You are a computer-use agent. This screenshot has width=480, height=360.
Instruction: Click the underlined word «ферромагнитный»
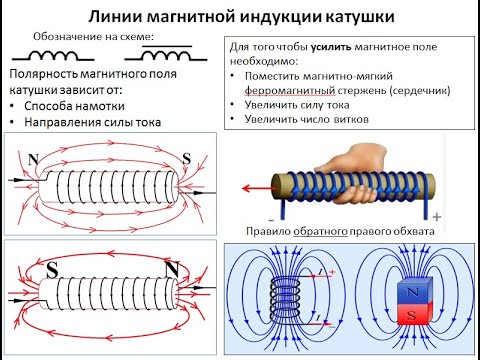(x=285, y=90)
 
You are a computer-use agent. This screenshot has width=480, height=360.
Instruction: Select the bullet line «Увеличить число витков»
(x=305, y=119)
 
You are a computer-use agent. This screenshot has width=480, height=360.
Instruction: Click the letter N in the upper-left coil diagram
(x=34, y=159)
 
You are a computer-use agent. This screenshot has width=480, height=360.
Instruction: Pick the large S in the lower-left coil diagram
(x=52, y=268)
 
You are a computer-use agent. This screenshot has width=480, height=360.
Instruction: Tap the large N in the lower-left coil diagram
(x=172, y=267)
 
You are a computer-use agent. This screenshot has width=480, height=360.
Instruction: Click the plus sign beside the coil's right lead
(x=436, y=216)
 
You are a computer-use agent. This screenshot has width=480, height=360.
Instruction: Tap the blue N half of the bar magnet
(x=409, y=292)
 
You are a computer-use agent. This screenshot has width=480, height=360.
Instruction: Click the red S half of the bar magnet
(x=409, y=315)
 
